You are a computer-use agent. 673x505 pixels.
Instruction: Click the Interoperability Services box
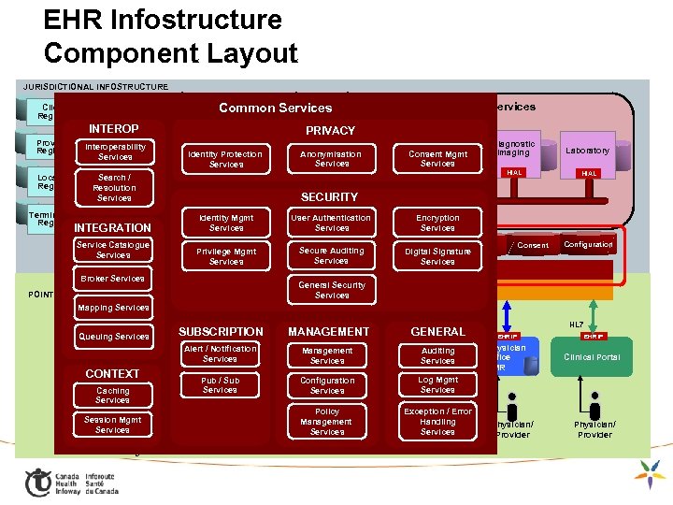pyautogui.click(x=115, y=151)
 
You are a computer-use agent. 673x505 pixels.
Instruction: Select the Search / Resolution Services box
pyautogui.click(x=114, y=187)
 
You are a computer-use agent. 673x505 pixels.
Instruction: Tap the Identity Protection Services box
pyautogui.click(x=225, y=159)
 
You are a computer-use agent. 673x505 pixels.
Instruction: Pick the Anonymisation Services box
pyautogui.click(x=331, y=159)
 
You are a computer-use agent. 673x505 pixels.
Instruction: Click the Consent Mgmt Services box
pyautogui.click(x=437, y=159)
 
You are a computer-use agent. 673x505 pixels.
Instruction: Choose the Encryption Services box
pyautogui.click(x=437, y=223)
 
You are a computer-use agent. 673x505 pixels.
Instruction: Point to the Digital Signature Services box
pyautogui.click(x=437, y=256)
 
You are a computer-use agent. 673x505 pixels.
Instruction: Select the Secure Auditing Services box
pyautogui.click(x=331, y=255)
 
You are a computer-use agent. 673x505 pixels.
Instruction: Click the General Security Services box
pyautogui.click(x=331, y=290)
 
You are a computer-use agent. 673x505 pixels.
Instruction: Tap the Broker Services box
pyautogui.click(x=112, y=279)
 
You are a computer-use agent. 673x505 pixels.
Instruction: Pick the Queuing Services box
pyautogui.click(x=114, y=337)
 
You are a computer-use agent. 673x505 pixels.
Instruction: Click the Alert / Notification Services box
pyautogui.click(x=220, y=353)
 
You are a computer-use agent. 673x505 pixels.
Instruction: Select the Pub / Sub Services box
pyautogui.click(x=220, y=385)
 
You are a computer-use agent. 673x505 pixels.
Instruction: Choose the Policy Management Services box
pyautogui.click(x=327, y=422)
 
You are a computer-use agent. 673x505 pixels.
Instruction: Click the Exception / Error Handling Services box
pyautogui.click(x=437, y=422)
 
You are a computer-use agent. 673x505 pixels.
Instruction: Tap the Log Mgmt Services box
pyautogui.click(x=437, y=384)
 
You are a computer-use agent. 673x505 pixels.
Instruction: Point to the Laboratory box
pyautogui.click(x=588, y=151)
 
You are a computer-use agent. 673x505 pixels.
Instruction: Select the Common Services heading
pyautogui.click(x=275, y=108)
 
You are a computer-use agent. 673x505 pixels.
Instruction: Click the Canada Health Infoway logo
pyautogui.click(x=71, y=482)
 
